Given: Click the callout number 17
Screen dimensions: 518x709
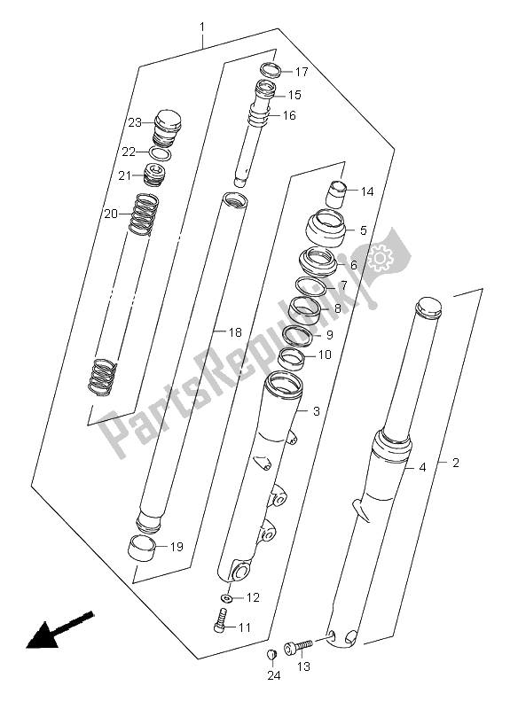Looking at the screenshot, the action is pyautogui.click(x=302, y=72).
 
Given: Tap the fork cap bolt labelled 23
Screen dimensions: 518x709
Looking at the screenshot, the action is pyautogui.click(x=168, y=128).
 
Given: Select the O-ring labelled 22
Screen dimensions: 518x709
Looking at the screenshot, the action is pyautogui.click(x=161, y=153).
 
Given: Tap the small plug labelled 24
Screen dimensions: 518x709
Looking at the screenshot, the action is pyautogui.click(x=271, y=654).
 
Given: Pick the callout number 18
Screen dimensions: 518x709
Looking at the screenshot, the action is pyautogui.click(x=235, y=333).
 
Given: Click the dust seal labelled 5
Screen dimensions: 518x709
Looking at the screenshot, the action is pyautogui.click(x=326, y=229).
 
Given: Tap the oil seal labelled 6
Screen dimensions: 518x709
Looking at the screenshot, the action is pyautogui.click(x=318, y=261).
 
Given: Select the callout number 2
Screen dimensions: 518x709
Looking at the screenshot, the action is pyautogui.click(x=456, y=463).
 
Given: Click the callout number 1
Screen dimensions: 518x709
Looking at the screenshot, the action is pyautogui.click(x=201, y=28).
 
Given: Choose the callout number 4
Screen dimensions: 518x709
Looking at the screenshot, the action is pyautogui.click(x=422, y=468).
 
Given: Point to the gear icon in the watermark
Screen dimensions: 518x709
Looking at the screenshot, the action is pyautogui.click(x=378, y=258).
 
